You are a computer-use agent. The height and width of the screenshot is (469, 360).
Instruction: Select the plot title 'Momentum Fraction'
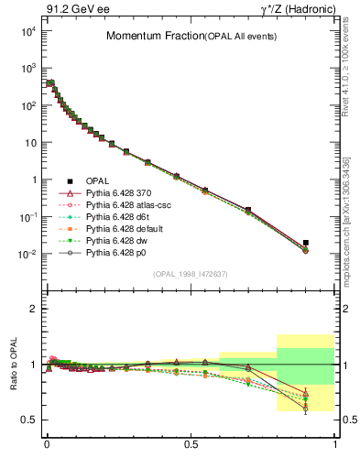coord(143,36)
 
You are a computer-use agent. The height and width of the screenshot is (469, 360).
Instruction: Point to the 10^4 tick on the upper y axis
coord(27,31)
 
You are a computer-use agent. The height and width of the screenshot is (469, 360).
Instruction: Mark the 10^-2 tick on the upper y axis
coord(27,254)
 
